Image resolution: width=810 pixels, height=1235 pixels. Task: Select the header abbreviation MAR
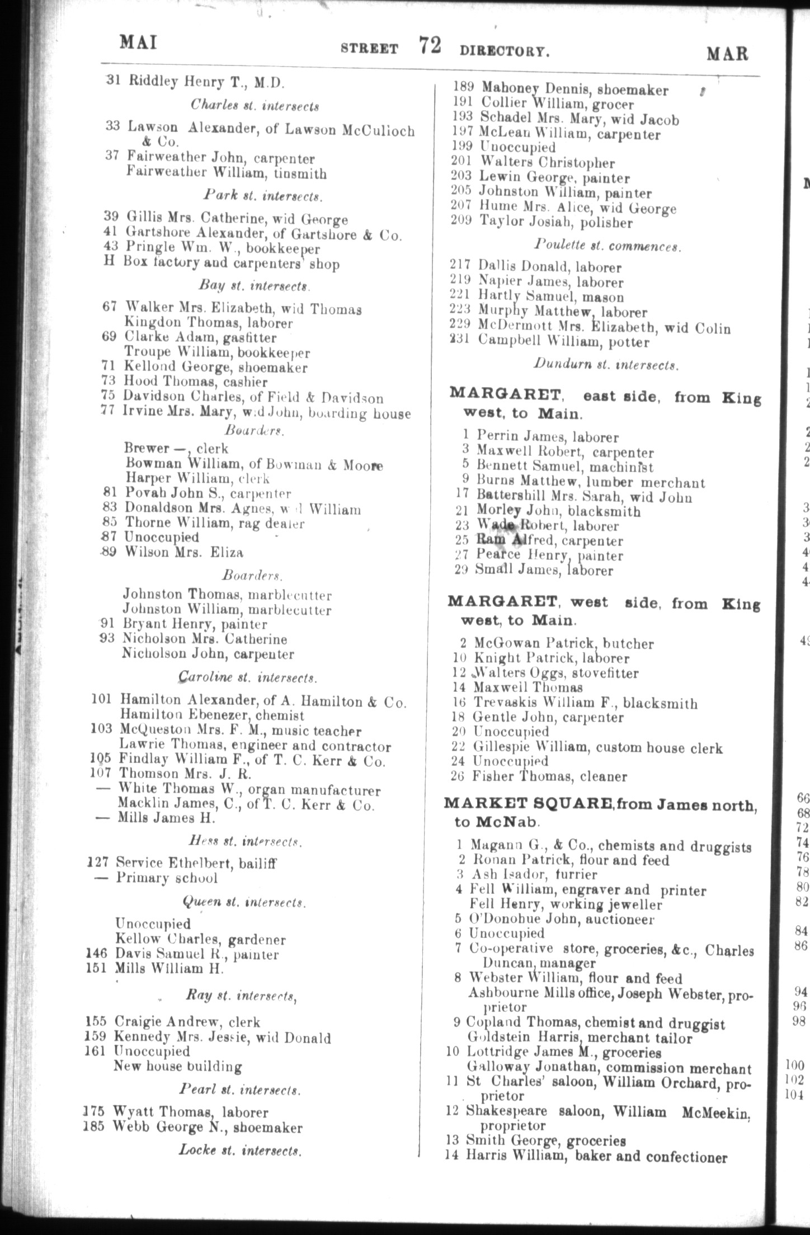[x=727, y=53]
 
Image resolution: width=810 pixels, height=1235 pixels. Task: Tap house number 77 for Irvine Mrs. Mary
[x=111, y=413]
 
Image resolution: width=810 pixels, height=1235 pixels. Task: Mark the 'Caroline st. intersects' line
[x=248, y=678]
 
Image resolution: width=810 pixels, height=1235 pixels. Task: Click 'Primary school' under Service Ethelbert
[x=166, y=878]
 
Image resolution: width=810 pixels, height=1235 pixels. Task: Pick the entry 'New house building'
[x=177, y=1067]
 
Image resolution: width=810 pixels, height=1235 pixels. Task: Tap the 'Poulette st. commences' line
[x=606, y=246]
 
